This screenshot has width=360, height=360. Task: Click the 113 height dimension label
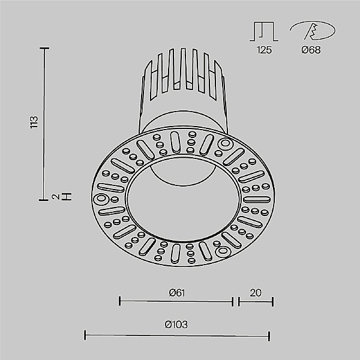34,123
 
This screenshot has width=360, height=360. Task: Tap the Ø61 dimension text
176,293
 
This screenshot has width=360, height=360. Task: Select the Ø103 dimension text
176,325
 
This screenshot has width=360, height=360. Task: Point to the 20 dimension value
256,293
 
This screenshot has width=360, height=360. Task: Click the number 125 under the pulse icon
263,50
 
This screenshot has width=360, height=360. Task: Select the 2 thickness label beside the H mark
55,196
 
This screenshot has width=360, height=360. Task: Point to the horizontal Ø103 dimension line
176,334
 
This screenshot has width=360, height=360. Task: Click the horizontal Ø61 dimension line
176,301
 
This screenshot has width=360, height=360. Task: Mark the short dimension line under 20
256,301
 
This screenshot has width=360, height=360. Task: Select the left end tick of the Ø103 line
85,334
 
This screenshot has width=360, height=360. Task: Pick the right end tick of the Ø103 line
269,334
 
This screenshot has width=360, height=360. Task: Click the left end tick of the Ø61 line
120,301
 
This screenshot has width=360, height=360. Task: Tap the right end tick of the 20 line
273,301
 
